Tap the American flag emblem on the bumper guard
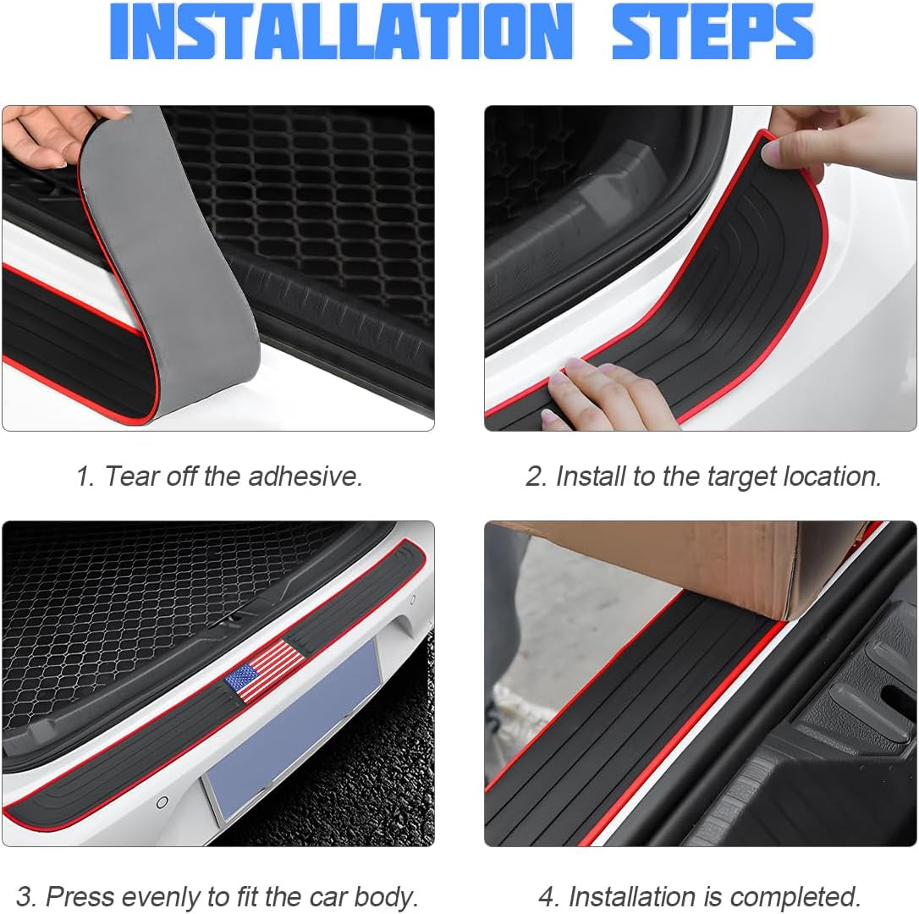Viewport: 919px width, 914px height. pyautogui.click(x=265, y=670)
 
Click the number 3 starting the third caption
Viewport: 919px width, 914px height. pyautogui.click(x=25, y=896)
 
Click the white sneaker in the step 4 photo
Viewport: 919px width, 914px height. pyautogui.click(x=512, y=711)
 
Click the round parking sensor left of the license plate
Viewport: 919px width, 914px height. pyautogui.click(x=162, y=801)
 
